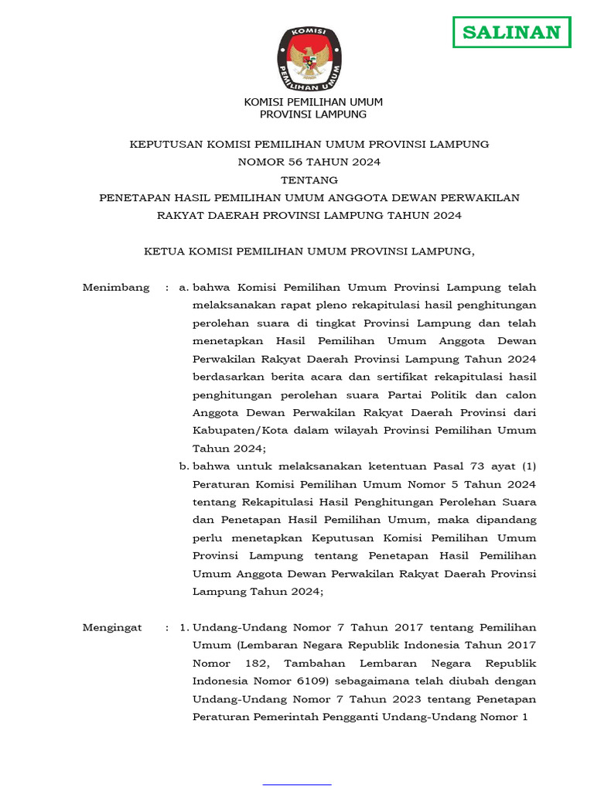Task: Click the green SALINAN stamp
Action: (x=511, y=32)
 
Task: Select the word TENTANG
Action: (x=309, y=180)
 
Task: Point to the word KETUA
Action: (x=165, y=251)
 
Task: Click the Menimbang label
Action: (x=116, y=288)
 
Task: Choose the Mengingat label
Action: (x=112, y=628)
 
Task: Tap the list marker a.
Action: (x=183, y=288)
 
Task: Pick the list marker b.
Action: (x=183, y=466)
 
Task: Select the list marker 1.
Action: (x=183, y=628)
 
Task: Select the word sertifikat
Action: (x=346, y=377)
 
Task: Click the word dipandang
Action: (x=507, y=521)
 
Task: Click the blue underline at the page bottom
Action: (x=297, y=784)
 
